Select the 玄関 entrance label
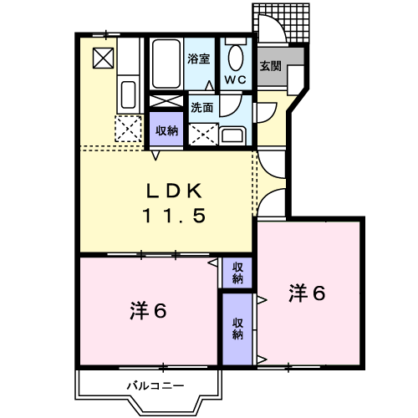(269, 65)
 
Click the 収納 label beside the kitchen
(166, 130)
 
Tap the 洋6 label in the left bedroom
(149, 311)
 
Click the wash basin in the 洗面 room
(233, 135)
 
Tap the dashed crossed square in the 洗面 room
(202, 134)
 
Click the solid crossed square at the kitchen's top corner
(104, 58)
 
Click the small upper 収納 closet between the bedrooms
(237, 272)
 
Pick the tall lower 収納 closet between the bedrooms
(237, 329)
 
